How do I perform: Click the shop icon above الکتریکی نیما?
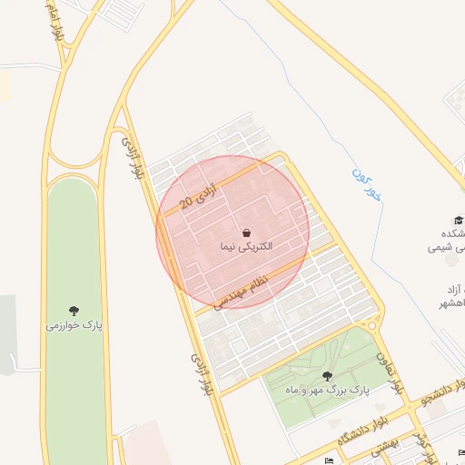[x=247, y=232]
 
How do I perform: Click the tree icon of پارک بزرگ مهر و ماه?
[x=327, y=375]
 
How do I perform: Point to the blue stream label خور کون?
[x=361, y=183]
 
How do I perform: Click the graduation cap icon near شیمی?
[x=459, y=220]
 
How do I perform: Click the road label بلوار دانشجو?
[x=438, y=393]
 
